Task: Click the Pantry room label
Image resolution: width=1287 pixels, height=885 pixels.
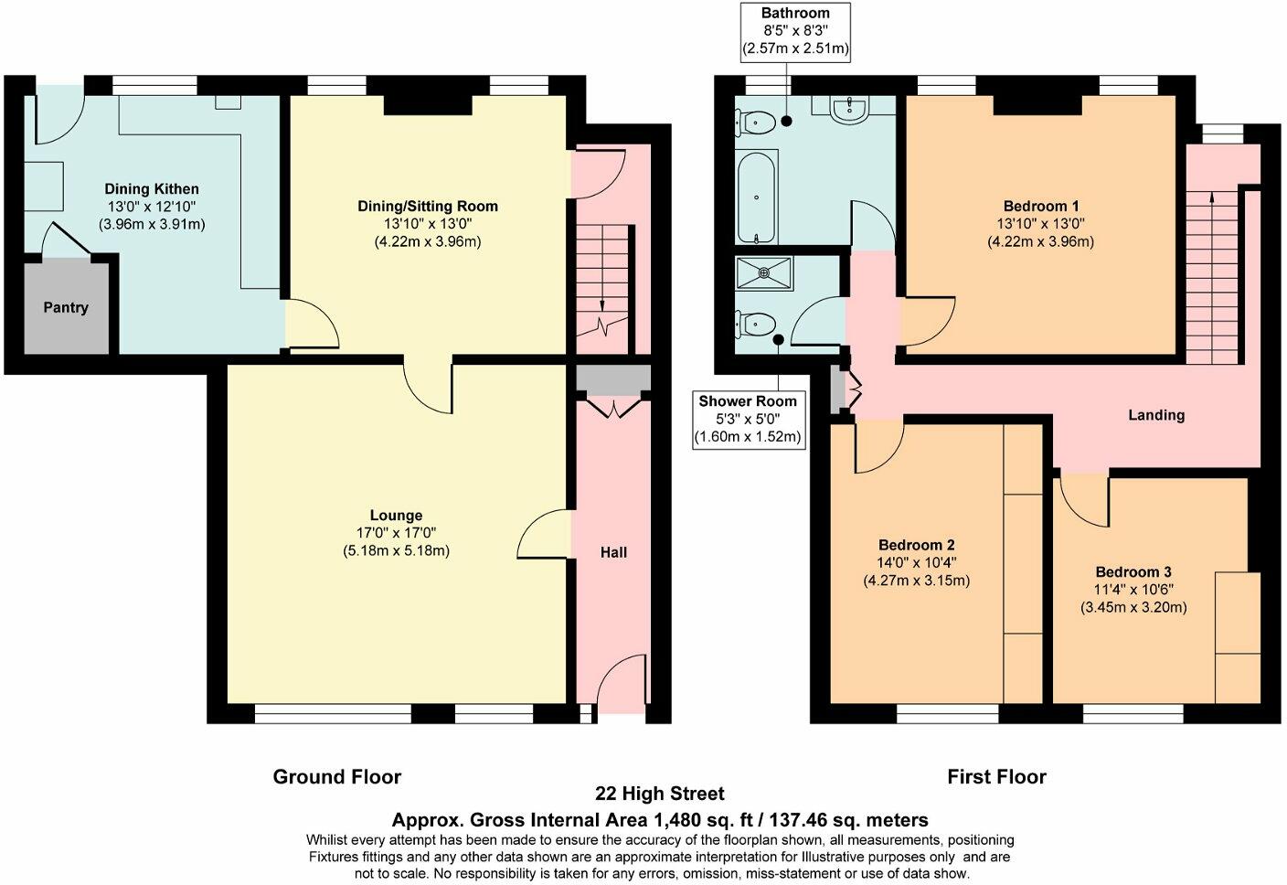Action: point(66,307)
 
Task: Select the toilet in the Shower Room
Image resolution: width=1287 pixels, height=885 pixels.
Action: point(759,323)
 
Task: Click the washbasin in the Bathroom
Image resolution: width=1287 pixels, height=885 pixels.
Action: point(851,110)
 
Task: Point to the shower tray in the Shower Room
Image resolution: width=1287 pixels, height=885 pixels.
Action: point(766,271)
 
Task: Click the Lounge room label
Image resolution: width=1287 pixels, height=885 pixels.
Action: point(396,516)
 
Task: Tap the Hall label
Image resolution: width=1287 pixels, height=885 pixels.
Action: point(613,552)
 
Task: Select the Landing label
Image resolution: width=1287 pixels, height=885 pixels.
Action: point(1156,415)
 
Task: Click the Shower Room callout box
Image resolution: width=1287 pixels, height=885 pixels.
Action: point(748,419)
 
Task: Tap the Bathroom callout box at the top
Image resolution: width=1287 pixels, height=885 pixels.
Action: point(795,31)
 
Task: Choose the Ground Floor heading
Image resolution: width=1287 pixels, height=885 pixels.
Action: point(337,777)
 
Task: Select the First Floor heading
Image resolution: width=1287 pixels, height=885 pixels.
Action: point(996,777)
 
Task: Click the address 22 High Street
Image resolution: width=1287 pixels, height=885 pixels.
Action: point(660,794)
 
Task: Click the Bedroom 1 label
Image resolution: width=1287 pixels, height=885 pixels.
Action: point(1040,206)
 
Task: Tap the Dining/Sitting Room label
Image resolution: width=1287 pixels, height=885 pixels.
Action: point(428,206)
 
